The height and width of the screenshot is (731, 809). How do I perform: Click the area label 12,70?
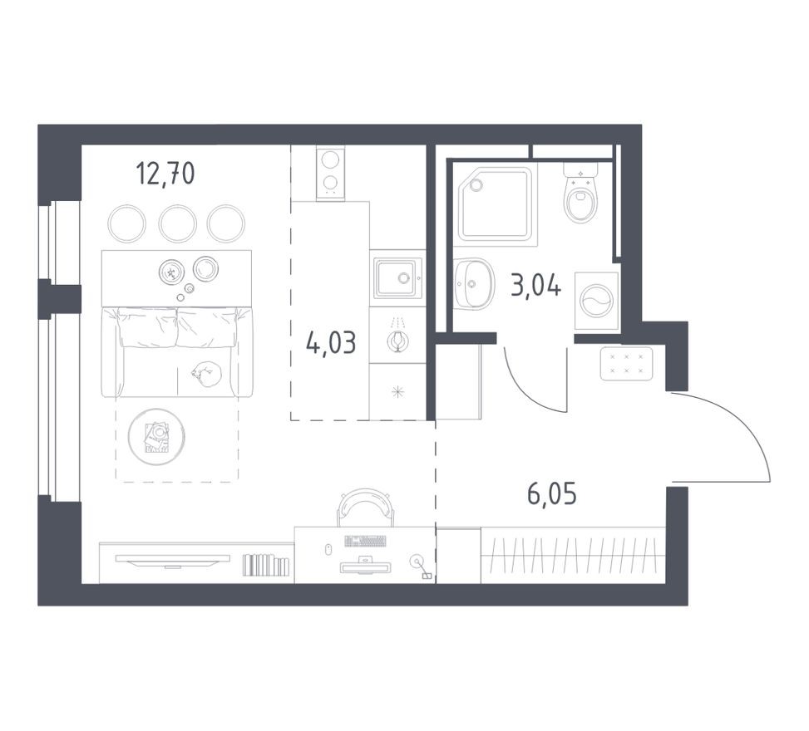165,174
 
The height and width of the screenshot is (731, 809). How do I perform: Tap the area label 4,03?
331,341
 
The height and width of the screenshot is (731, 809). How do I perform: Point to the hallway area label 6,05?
551,494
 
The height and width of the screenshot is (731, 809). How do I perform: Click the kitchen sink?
397,277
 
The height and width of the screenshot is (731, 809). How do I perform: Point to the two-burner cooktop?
330,172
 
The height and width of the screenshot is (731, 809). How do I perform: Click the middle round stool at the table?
177,223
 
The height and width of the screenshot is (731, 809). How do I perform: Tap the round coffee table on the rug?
156,436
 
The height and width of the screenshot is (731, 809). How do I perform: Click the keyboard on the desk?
365,541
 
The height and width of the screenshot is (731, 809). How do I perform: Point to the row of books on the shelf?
266,566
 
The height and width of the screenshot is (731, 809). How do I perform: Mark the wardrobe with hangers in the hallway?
573,556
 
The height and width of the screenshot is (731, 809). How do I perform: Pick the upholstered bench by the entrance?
626,363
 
